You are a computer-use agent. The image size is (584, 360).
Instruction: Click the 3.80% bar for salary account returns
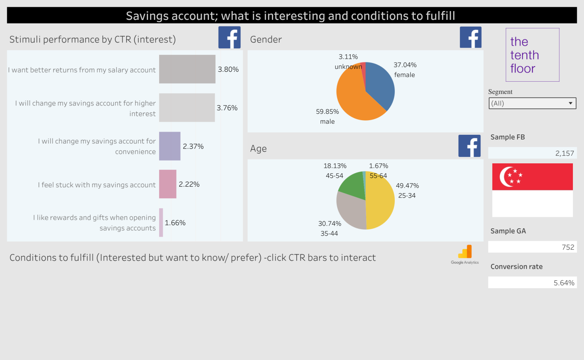tap(187, 69)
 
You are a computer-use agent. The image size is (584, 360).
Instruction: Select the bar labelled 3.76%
tap(187, 107)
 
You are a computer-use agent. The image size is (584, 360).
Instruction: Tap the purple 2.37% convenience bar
tap(169, 146)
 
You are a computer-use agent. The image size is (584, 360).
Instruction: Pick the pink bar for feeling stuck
tap(167, 184)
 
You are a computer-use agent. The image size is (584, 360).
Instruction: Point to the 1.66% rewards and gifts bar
tap(161, 222)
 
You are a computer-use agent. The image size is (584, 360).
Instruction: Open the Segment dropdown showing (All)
tap(532, 103)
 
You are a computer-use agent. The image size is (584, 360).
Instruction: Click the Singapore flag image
tap(532, 190)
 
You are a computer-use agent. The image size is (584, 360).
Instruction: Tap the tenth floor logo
tap(532, 55)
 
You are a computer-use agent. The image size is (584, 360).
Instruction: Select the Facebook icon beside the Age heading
tap(469, 146)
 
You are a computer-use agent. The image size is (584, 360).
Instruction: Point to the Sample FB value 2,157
tap(564, 153)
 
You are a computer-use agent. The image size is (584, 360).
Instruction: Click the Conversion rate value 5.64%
tap(564, 283)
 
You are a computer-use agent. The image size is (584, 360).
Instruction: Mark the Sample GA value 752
tap(568, 247)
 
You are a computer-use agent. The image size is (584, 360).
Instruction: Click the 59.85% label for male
tap(327, 112)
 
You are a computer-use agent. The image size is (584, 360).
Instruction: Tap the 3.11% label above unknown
tap(348, 57)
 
